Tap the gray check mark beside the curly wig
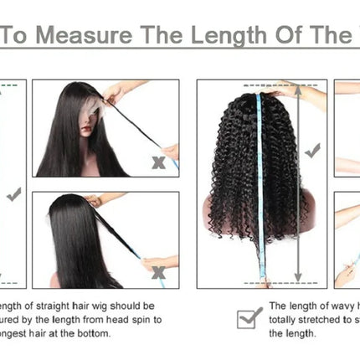[x=312, y=152]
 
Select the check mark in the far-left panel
[x=13, y=195]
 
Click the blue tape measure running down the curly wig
[x=260, y=193]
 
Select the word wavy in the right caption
[x=342, y=306]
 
